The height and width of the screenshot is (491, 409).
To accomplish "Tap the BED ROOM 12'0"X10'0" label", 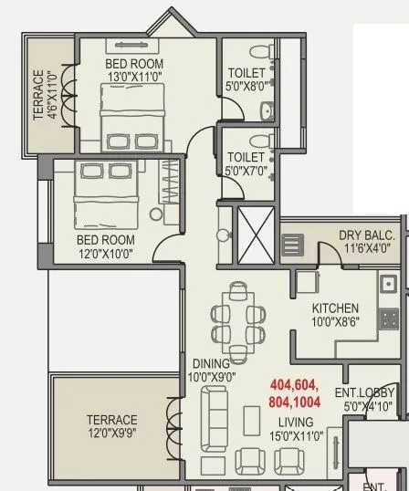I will tap(106, 246).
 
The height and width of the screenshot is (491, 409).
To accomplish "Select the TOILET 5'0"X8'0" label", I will tap(246, 79).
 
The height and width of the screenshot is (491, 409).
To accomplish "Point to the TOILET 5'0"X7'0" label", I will tap(246, 163).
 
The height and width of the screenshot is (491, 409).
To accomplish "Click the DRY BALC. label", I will tap(364, 241).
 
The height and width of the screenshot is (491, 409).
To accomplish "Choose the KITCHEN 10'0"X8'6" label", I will tap(335, 315).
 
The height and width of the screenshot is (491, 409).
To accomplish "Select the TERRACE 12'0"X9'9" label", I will tap(112, 426).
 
